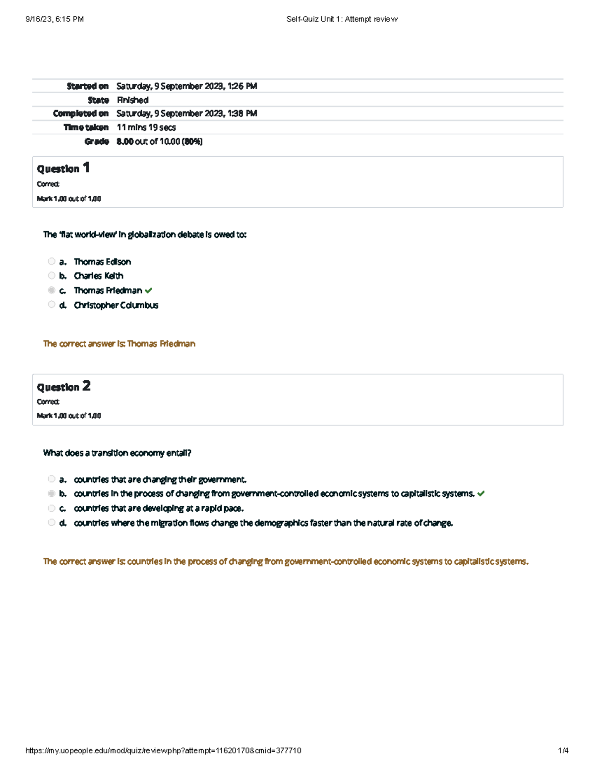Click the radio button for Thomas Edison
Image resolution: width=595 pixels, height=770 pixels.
click(52, 261)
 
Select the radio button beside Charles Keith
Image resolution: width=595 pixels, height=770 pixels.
click(52, 276)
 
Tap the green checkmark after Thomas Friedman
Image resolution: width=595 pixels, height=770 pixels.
click(148, 291)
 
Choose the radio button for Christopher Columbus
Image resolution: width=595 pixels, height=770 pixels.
click(52, 304)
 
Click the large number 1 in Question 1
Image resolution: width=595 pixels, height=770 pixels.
click(86, 168)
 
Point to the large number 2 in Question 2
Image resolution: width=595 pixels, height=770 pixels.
click(86, 386)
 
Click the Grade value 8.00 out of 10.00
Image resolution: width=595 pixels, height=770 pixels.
click(159, 141)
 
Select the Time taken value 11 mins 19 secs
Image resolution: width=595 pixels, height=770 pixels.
click(146, 127)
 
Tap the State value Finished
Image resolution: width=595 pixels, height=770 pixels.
click(132, 100)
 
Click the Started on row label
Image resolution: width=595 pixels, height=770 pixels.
click(87, 86)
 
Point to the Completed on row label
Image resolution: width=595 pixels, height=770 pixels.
click(80, 114)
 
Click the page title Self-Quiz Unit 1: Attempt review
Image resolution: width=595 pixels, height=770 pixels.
click(342, 19)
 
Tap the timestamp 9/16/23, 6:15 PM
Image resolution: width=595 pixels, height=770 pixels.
click(55, 19)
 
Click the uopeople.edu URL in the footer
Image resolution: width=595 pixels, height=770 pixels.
click(163, 751)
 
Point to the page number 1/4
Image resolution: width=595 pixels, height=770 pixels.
click(563, 751)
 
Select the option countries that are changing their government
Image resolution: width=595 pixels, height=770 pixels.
click(160, 479)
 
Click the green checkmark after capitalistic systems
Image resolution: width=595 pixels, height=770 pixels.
click(481, 494)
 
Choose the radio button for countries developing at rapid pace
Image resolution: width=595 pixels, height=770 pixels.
click(52, 508)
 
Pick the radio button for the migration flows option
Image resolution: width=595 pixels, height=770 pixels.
click(52, 522)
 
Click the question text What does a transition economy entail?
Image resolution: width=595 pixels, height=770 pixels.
click(117, 453)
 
